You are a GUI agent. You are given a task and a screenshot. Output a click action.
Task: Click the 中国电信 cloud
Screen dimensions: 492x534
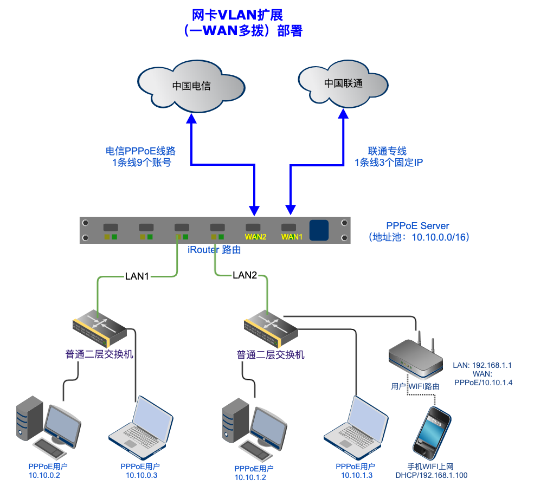(x=191, y=86)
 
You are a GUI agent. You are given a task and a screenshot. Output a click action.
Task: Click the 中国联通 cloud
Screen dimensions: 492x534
(x=343, y=83)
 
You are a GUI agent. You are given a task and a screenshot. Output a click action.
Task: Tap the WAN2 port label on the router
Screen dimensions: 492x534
(x=255, y=237)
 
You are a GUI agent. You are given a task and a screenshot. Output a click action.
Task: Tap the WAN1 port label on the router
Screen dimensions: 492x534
(x=291, y=237)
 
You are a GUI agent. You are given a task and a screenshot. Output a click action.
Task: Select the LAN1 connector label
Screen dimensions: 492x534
(x=137, y=276)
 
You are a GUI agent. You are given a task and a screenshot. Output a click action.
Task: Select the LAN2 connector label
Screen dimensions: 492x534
(x=245, y=275)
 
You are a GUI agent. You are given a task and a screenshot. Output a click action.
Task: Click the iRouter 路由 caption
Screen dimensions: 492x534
(x=214, y=250)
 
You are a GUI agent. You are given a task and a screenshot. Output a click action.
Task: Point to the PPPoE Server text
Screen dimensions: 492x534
(x=417, y=226)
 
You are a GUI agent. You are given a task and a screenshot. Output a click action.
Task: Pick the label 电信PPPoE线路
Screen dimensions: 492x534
(x=140, y=151)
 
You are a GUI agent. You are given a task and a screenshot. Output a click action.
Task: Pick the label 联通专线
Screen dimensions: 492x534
(x=387, y=151)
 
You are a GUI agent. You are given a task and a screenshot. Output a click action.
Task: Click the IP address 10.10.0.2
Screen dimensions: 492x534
(x=44, y=476)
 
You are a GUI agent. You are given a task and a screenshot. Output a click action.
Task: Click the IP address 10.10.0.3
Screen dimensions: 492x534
(x=141, y=476)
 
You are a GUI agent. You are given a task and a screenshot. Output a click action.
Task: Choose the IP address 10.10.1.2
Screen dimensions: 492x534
(x=250, y=477)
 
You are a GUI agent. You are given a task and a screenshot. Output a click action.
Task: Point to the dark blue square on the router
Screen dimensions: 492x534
(x=319, y=230)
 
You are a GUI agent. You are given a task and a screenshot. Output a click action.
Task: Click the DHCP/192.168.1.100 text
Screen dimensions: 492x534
(x=432, y=476)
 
